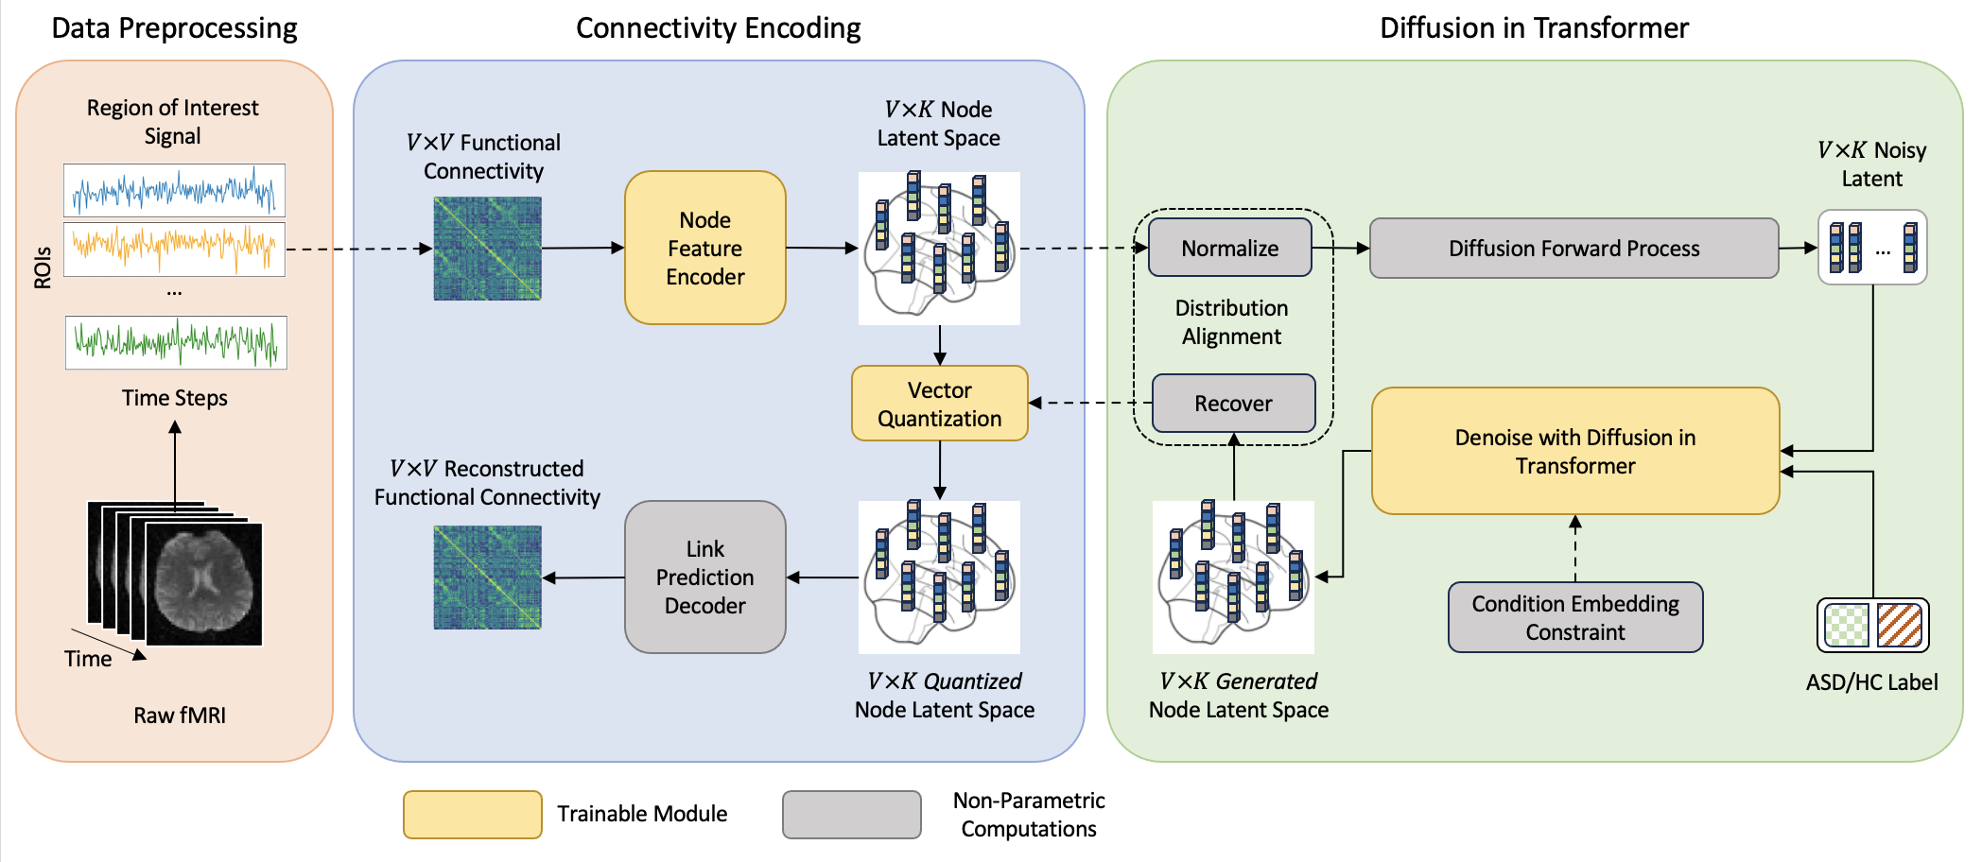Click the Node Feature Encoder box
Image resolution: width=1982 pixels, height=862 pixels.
(705, 248)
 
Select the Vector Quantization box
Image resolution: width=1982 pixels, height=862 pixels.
(940, 404)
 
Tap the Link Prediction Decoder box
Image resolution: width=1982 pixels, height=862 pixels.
(705, 577)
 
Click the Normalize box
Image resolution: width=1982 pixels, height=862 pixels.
(1230, 248)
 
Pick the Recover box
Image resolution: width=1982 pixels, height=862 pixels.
(1234, 403)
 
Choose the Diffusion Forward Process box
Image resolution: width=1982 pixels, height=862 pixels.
(1574, 248)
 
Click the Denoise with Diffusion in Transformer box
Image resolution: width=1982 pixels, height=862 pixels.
(1575, 451)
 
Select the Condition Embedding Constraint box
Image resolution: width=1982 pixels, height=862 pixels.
(1575, 617)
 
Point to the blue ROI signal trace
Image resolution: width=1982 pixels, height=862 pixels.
(175, 191)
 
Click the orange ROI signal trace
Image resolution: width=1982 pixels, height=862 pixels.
(175, 249)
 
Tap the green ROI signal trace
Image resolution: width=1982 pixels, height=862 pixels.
(176, 342)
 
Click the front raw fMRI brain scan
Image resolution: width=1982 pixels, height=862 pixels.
(204, 584)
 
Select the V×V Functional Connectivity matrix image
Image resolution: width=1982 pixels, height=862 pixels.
(488, 249)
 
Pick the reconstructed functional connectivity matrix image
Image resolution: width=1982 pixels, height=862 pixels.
(488, 578)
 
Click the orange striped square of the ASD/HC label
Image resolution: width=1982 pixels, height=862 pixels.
(1900, 626)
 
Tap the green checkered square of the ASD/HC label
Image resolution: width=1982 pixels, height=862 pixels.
(1847, 626)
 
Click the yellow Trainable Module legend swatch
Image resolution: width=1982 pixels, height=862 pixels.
(473, 815)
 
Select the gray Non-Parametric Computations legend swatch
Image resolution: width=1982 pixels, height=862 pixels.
(852, 815)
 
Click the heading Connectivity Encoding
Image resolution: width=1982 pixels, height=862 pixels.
(719, 28)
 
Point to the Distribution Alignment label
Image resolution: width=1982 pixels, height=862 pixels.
(1231, 322)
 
